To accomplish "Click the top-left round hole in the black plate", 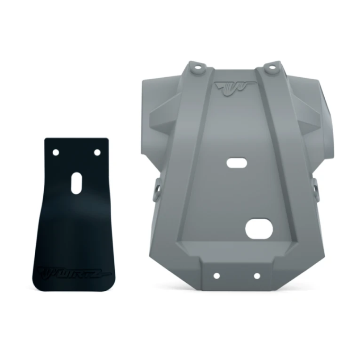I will pyautogui.click(x=55, y=152).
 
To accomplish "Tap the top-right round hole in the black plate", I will pyautogui.click(x=97, y=152).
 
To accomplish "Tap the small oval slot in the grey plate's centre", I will pyautogui.click(x=236, y=163).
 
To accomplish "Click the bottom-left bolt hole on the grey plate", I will pyautogui.click(x=216, y=276).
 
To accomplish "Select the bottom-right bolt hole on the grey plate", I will pyautogui.click(x=257, y=276).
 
